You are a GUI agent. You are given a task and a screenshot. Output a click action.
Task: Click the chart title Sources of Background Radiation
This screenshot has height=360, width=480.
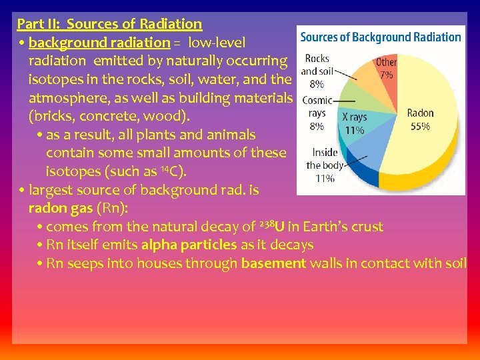(x=380, y=37)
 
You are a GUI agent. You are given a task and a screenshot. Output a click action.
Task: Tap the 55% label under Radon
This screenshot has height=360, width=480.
(x=420, y=127)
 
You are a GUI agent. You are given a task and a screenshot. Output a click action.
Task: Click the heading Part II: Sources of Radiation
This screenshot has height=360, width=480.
(x=109, y=24)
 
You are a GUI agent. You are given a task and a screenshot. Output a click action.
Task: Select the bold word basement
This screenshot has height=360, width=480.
(x=273, y=263)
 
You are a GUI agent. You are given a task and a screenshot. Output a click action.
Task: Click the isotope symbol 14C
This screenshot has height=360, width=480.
(x=175, y=171)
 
